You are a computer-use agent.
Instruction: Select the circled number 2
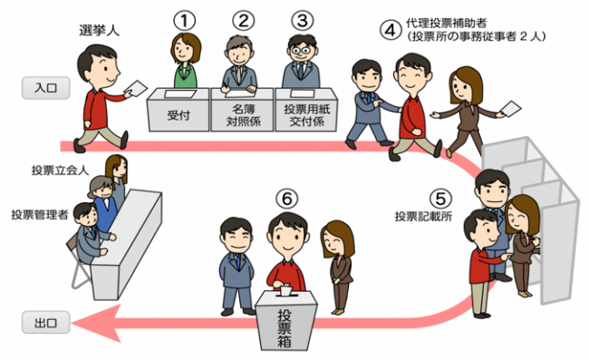pos(242,18)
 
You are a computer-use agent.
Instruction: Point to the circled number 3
pos(302,18)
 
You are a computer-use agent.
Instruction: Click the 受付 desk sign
pos(178,116)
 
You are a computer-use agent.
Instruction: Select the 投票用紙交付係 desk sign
pos(304,115)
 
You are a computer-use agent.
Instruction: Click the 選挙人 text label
pos(100,31)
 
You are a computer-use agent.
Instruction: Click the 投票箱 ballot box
pos(286,317)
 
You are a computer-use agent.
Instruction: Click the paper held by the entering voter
pos(136,87)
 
